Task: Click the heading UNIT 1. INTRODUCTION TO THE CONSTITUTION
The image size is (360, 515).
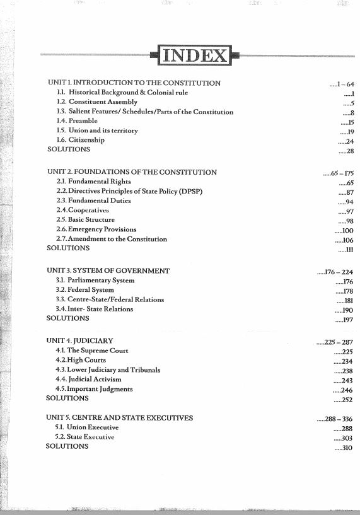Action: point(134,83)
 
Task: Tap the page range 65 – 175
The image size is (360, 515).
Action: point(339,173)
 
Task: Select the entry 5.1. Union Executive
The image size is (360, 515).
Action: point(87,427)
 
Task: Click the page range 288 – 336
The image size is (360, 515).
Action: point(337,418)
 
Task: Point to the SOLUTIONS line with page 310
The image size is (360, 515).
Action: point(67,446)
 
